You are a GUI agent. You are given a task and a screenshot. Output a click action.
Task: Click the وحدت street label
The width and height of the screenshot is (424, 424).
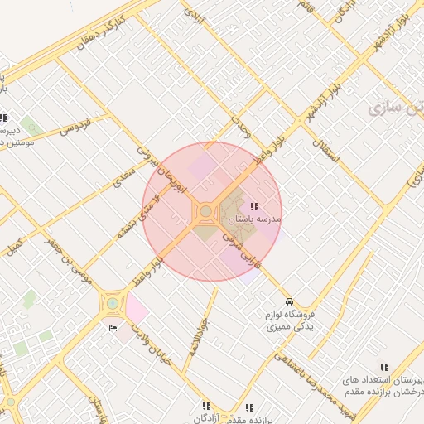(x=240, y=128)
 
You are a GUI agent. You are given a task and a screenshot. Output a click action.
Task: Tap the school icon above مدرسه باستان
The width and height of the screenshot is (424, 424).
(x=253, y=205)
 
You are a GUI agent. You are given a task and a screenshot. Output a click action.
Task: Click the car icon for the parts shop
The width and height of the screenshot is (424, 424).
(x=288, y=301)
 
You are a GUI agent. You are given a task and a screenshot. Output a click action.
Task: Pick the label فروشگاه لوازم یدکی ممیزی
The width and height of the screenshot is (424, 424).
(x=287, y=321)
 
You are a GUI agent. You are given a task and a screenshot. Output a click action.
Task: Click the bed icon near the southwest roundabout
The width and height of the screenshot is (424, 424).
(x=113, y=328)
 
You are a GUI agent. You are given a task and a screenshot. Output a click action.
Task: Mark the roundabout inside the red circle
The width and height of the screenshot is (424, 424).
(x=205, y=213)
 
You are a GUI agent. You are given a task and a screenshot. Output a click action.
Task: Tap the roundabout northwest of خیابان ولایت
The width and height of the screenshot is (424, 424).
(x=111, y=304)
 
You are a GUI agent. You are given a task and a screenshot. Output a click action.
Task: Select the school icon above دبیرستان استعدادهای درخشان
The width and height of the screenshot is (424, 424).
(x=383, y=366)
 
